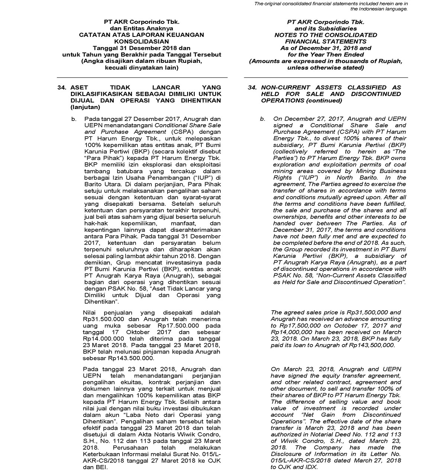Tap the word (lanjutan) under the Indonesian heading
click(x=85, y=108)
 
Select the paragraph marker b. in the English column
click(x=263, y=119)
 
